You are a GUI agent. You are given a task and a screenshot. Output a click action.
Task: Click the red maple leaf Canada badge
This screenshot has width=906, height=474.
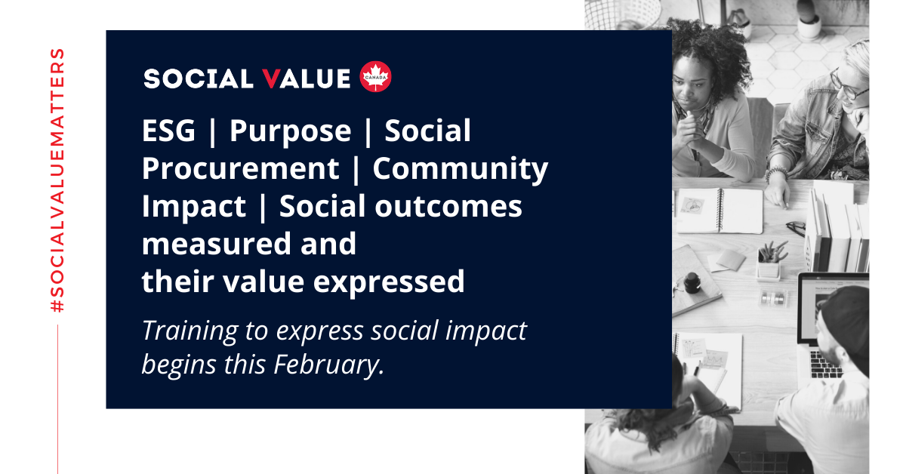pyautogui.click(x=375, y=76)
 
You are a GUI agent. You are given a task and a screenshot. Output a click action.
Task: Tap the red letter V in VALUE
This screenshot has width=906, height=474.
pyautogui.click(x=271, y=78)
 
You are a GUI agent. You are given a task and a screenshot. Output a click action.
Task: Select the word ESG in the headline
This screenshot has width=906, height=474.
pyautogui.click(x=168, y=131)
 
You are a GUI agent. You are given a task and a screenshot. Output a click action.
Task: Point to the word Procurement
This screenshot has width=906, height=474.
pyautogui.click(x=241, y=168)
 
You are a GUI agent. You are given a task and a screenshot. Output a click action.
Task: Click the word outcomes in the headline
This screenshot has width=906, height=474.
pyautogui.click(x=448, y=206)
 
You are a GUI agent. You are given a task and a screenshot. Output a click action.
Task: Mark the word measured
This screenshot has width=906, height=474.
pyautogui.click(x=217, y=244)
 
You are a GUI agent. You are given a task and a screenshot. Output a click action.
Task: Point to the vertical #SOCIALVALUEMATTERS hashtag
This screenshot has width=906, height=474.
pyautogui.click(x=57, y=180)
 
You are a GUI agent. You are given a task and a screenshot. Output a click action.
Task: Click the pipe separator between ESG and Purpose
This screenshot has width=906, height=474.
pyautogui.click(x=213, y=132)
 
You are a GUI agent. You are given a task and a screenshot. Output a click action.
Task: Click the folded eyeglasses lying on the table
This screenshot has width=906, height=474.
pyautogui.click(x=796, y=228)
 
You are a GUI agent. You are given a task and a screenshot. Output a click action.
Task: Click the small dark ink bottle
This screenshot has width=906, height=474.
pyautogui.click(x=692, y=283)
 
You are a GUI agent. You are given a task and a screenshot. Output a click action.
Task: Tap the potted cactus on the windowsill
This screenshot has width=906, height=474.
pyautogui.click(x=809, y=20)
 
